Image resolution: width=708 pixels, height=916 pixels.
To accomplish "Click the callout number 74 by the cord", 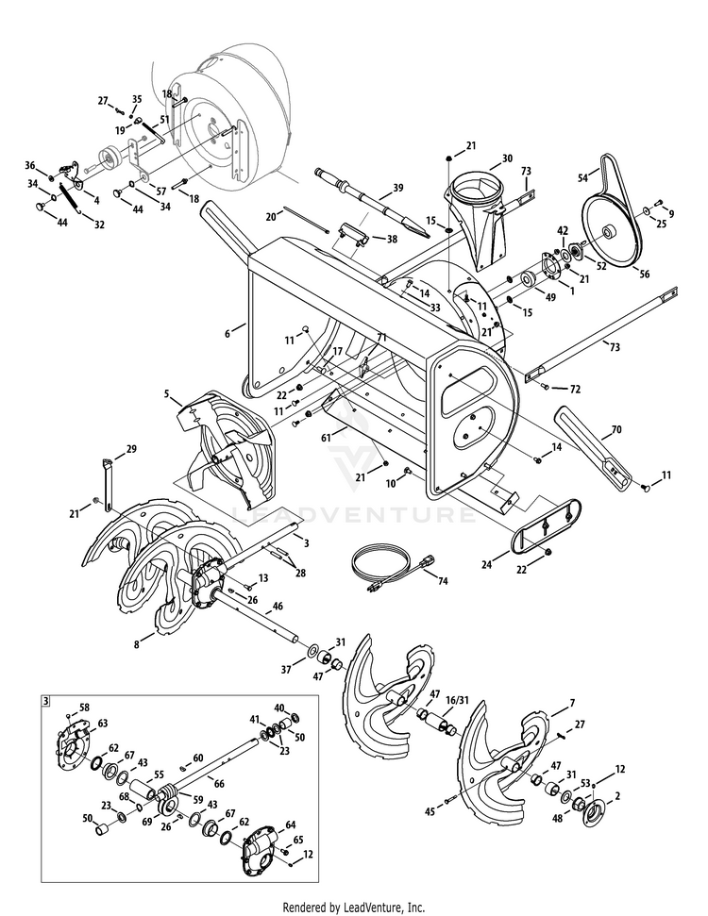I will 443,581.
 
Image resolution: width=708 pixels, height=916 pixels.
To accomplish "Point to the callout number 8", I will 138,644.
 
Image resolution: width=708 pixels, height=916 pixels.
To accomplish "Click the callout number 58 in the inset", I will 84,708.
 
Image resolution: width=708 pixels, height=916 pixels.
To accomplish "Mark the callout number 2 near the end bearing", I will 618,796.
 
